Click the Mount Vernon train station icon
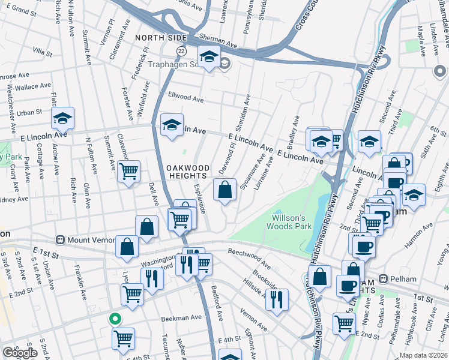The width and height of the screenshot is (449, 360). [x=60, y=240]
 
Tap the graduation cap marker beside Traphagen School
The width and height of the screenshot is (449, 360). [x=208, y=57]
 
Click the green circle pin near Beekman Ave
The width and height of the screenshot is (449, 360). [x=115, y=319]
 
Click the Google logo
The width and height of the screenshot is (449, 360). [x=20, y=353]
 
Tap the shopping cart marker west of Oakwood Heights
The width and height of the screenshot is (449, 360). [x=128, y=172]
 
